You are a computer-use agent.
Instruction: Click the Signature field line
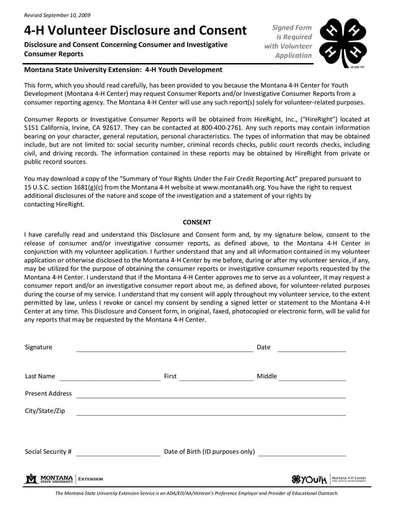tap(164, 350)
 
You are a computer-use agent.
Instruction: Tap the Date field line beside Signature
tap(312, 350)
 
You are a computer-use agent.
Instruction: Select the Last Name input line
tap(110, 379)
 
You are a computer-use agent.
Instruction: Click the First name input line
tap(216, 379)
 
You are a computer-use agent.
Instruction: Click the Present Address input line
tap(211, 397)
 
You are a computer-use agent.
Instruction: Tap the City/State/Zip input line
tap(211, 414)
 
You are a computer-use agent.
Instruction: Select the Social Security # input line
tap(118, 455)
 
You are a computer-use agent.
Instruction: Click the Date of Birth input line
tap(302, 455)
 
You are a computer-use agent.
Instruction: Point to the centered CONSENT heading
tap(197, 222)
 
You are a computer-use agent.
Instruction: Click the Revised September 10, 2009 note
tap(57, 15)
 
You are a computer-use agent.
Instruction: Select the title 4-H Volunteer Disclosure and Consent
tap(135, 31)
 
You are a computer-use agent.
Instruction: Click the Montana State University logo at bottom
tap(49, 478)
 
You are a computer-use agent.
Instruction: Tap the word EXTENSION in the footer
tap(92, 479)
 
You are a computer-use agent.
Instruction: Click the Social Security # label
tap(48, 451)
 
